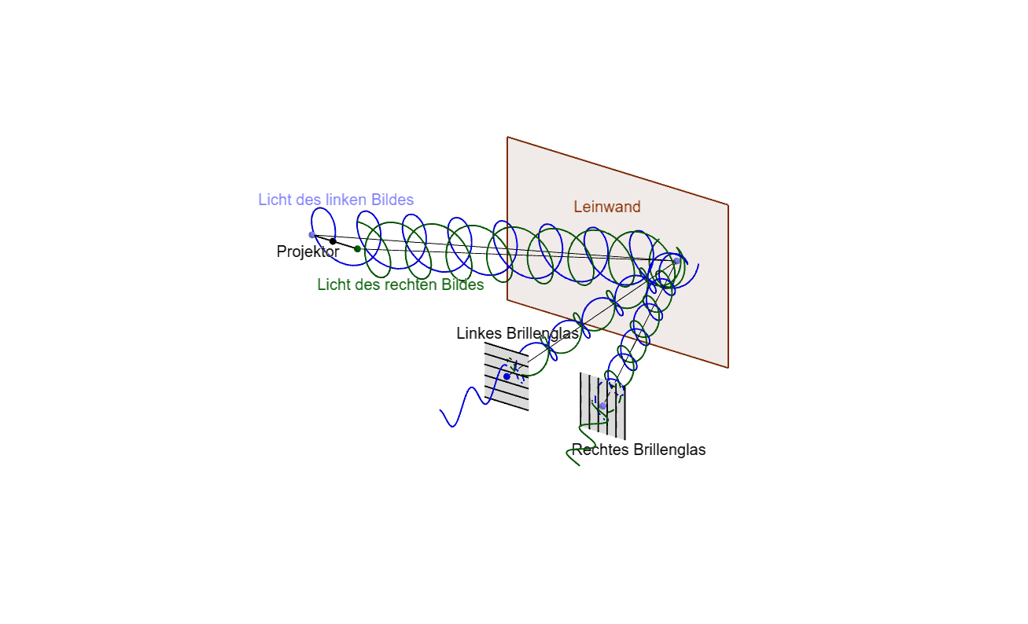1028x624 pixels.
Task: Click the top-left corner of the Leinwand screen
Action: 507,137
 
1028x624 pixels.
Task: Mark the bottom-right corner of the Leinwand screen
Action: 728,368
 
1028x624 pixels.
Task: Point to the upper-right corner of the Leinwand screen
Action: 728,204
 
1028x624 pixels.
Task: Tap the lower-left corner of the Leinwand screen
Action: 507,300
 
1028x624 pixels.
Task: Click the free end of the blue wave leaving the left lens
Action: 440,410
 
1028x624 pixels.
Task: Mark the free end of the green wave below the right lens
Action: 579,465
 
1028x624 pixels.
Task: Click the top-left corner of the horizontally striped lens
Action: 485,343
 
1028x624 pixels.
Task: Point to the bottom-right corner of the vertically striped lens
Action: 625,439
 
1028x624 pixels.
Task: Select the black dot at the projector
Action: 333,241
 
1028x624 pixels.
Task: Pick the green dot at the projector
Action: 358,249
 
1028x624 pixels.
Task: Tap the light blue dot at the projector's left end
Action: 312,235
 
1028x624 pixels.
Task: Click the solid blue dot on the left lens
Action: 507,376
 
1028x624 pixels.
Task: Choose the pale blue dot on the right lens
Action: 602,406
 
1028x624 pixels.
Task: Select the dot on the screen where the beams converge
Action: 676,261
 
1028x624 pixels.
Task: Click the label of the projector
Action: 308,251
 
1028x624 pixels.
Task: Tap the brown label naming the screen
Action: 606,207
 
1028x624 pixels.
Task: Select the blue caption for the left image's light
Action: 336,200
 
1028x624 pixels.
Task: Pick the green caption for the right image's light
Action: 400,284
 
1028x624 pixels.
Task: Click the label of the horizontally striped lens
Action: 518,333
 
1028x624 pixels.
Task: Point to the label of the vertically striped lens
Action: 639,450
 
